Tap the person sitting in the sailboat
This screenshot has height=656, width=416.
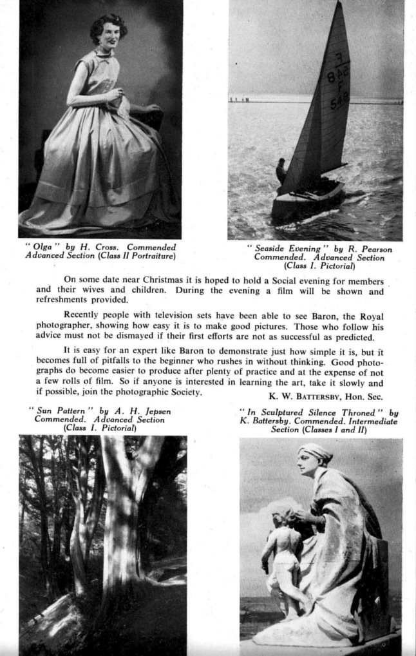click(281, 171)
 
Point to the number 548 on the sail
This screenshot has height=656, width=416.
click(339, 100)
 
